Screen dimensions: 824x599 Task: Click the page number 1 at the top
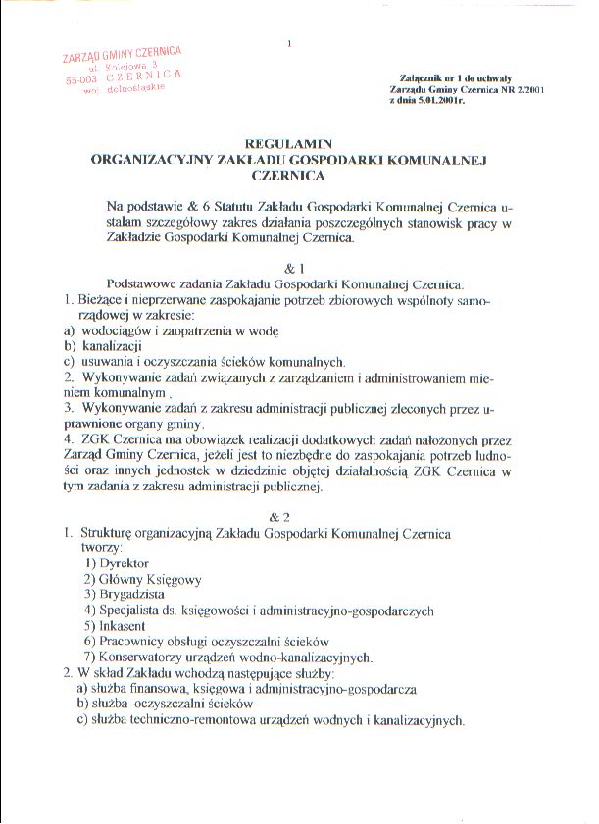click(290, 43)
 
